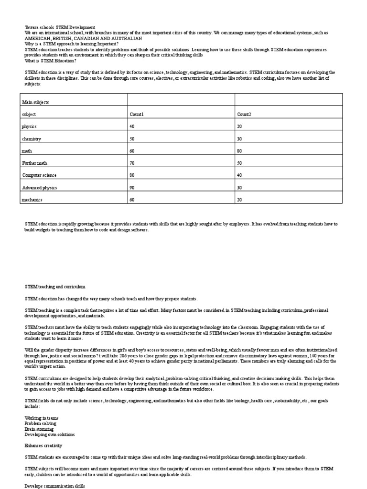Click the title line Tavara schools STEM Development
coord(60,27)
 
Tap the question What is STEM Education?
coord(51,61)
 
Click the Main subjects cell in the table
coord(36,102)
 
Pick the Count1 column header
coord(137,115)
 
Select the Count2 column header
coord(244,115)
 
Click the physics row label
coord(29,127)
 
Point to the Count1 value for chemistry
coord(132,139)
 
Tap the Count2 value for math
coord(240,151)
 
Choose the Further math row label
coord(36,163)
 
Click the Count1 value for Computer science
coord(132,175)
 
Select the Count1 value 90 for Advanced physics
coord(132,188)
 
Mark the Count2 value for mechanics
coord(240,200)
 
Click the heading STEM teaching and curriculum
coord(55,287)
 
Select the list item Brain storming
coord(40,429)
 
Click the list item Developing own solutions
coord(49,435)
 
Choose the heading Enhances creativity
coord(43,446)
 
